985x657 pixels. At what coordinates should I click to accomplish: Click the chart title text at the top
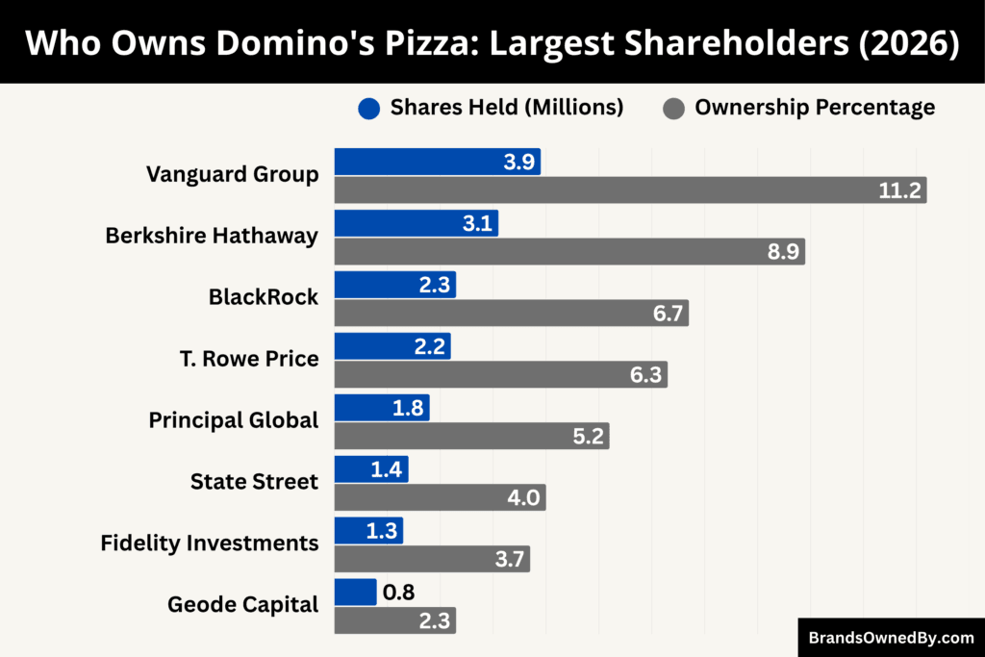click(x=492, y=43)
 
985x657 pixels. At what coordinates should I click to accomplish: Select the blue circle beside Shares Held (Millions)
click(x=369, y=108)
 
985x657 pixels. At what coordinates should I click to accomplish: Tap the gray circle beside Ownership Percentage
click(x=673, y=108)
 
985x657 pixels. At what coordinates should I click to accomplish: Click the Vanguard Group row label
click(x=232, y=174)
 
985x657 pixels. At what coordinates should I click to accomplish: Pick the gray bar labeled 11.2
click(x=630, y=190)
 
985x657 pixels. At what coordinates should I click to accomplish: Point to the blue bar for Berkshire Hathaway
click(x=416, y=224)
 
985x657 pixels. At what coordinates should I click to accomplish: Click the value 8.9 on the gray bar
click(x=780, y=252)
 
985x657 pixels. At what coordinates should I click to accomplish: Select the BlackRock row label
click(x=263, y=297)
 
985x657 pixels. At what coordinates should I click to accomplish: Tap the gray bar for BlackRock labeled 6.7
click(x=511, y=314)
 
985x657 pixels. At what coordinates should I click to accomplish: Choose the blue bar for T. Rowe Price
click(x=391, y=347)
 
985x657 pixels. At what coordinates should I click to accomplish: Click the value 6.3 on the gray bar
click(x=645, y=375)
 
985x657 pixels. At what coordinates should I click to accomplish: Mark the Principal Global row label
click(x=233, y=420)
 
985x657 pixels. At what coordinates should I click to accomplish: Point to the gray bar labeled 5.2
click(x=471, y=437)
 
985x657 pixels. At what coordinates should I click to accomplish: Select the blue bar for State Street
click(x=370, y=470)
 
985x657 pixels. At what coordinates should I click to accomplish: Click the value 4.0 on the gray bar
click(x=524, y=498)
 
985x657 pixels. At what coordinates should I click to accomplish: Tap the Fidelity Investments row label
click(x=210, y=543)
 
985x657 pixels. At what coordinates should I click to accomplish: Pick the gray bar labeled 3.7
click(x=432, y=560)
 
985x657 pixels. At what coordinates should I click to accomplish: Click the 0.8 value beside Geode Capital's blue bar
click(x=398, y=593)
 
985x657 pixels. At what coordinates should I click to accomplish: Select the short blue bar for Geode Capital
click(x=355, y=593)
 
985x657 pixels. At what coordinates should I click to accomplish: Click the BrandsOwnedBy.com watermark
click(x=891, y=637)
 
